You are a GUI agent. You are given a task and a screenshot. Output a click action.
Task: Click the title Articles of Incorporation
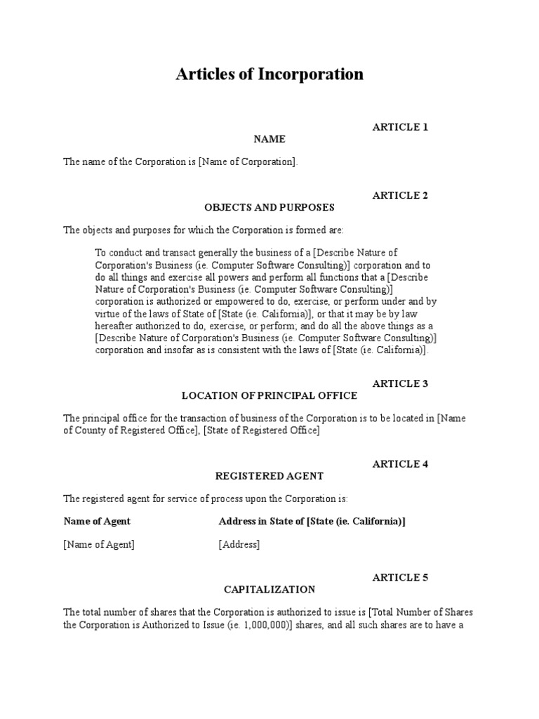tap(269, 74)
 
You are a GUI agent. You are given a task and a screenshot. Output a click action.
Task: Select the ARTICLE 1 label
tap(400, 127)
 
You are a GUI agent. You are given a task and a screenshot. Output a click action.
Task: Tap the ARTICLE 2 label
tap(400, 195)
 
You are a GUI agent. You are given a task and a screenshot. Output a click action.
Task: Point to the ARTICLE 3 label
tap(400, 383)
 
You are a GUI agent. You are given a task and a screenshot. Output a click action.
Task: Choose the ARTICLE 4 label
tap(400, 463)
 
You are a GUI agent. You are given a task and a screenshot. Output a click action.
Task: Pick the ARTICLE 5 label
tap(400, 577)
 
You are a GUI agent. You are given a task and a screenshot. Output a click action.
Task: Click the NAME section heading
tap(269, 139)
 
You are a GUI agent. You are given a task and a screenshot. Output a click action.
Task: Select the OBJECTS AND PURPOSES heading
tap(269, 207)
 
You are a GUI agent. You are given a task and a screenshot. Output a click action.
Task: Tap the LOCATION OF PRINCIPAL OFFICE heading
tap(269, 395)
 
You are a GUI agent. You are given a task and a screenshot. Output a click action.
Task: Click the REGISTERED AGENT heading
tap(269, 475)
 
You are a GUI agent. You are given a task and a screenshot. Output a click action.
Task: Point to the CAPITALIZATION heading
tap(269, 589)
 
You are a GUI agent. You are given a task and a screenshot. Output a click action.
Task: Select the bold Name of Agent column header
tap(97, 521)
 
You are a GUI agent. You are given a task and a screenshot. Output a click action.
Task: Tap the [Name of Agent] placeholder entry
tap(99, 544)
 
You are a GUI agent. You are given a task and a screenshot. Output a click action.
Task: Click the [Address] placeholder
tap(239, 544)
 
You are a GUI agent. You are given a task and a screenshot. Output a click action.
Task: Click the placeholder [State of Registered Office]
tap(261, 430)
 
